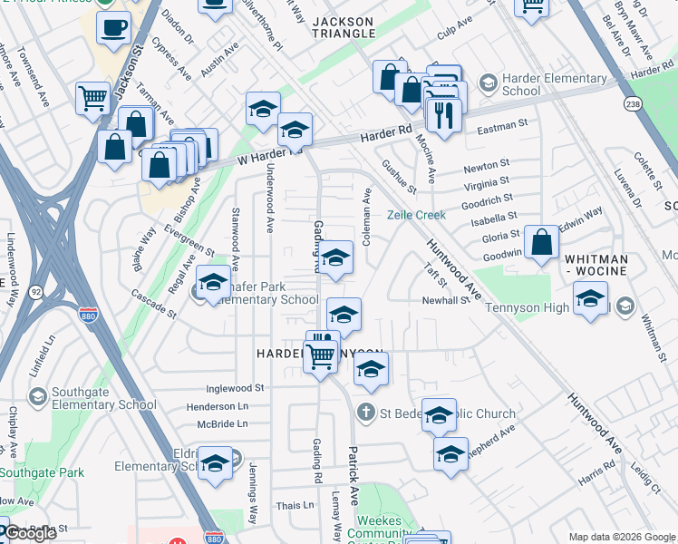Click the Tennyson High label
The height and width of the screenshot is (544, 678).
(525, 307)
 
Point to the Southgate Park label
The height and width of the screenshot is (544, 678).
(42, 471)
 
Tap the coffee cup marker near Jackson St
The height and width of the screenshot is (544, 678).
(113, 27)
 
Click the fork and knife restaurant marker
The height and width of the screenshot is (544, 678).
(444, 114)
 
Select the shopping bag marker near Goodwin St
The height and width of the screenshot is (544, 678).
(541, 242)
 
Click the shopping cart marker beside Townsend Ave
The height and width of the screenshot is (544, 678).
(92, 97)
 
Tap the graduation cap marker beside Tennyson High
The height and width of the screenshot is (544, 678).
(590, 299)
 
